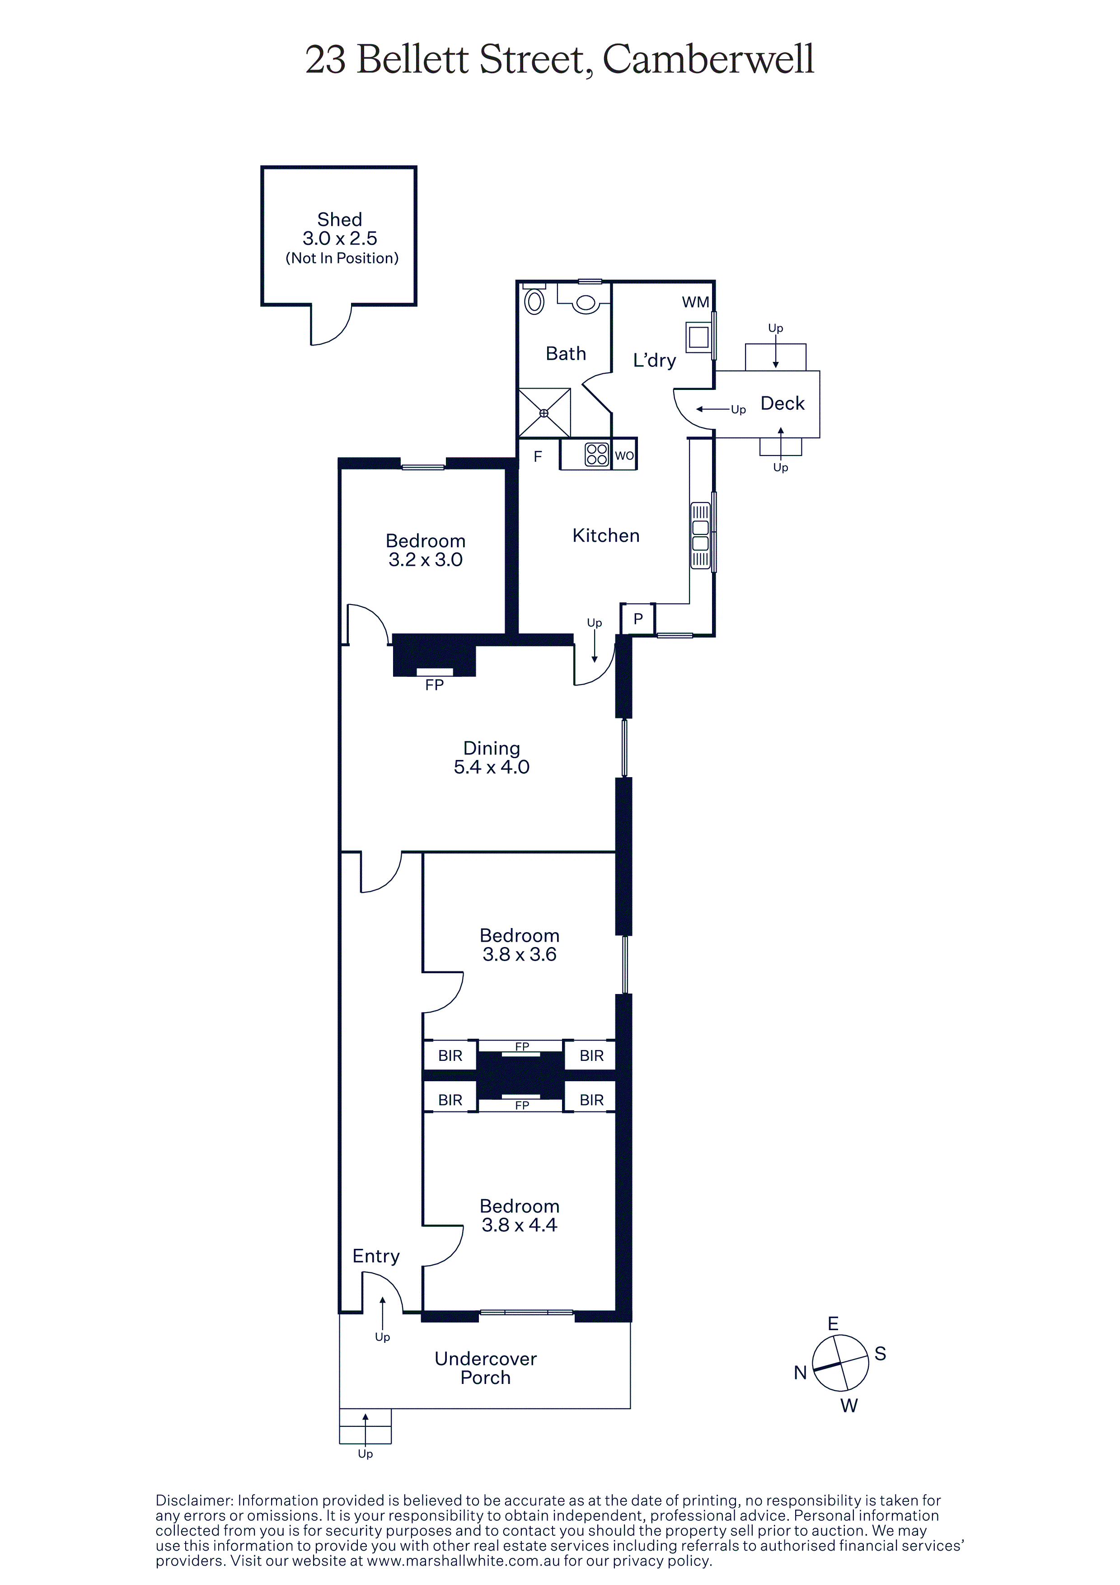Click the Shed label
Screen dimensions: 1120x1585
339,220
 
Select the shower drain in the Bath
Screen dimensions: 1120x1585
544,413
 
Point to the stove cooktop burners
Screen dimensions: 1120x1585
597,454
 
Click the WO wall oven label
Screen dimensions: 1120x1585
624,455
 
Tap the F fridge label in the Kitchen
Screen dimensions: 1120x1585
538,456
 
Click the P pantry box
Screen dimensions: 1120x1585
637,619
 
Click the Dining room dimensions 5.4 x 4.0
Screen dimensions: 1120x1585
492,767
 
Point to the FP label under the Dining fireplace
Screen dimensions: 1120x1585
434,685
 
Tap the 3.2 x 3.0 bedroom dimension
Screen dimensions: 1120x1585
425,560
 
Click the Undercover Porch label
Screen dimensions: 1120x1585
486,1368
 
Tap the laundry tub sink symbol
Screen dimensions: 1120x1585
698,338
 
